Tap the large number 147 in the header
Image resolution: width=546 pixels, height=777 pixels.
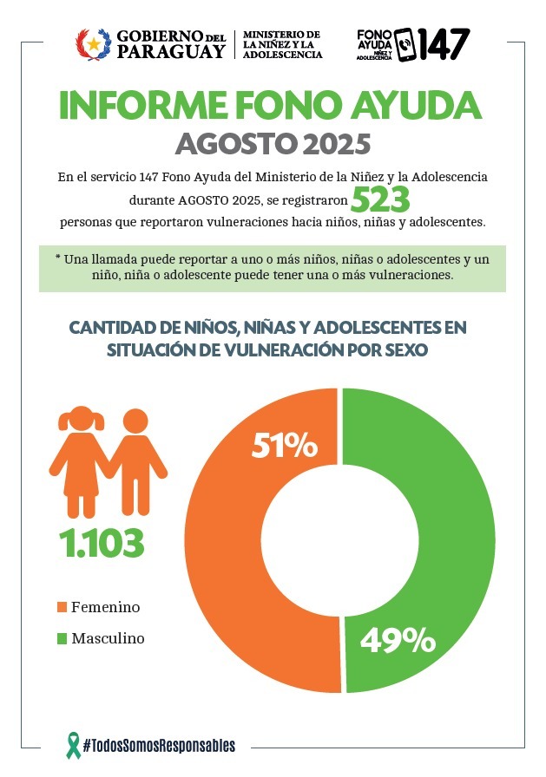coord(444,42)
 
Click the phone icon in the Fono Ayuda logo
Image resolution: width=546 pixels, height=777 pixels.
coord(405,42)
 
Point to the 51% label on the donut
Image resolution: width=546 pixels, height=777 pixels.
coord(283,446)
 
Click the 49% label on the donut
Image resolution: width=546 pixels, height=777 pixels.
coord(397,641)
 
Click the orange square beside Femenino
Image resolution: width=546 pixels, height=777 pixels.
coord(62,607)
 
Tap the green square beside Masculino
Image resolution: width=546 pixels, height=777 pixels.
coord(62,639)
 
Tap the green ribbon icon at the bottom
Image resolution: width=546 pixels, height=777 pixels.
coord(74,743)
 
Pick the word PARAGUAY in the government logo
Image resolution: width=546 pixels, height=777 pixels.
coord(170,51)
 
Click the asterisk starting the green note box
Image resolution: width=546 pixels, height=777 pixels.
coord(57,259)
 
